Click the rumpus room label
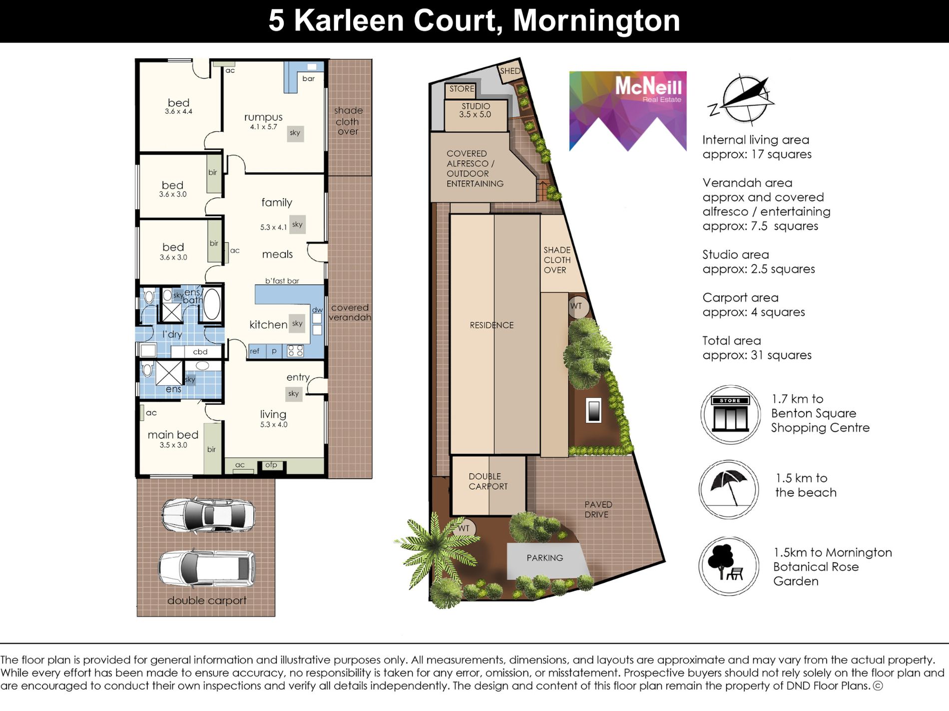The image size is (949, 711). click(263, 117)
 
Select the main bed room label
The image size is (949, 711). click(173, 435)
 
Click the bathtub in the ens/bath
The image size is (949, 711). click(212, 303)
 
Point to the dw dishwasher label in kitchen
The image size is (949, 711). click(317, 310)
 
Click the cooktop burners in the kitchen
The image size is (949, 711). click(295, 351)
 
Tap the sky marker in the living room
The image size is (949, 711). click(294, 394)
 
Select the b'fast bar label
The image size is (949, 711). click(282, 281)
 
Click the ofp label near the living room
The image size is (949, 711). click(271, 465)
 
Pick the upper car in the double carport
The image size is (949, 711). click(208, 514)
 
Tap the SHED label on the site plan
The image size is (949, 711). click(510, 71)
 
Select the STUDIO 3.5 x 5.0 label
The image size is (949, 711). click(475, 110)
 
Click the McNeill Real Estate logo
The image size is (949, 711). click(628, 111)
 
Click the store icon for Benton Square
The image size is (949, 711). click(730, 414)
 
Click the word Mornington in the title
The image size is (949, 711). click(596, 21)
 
